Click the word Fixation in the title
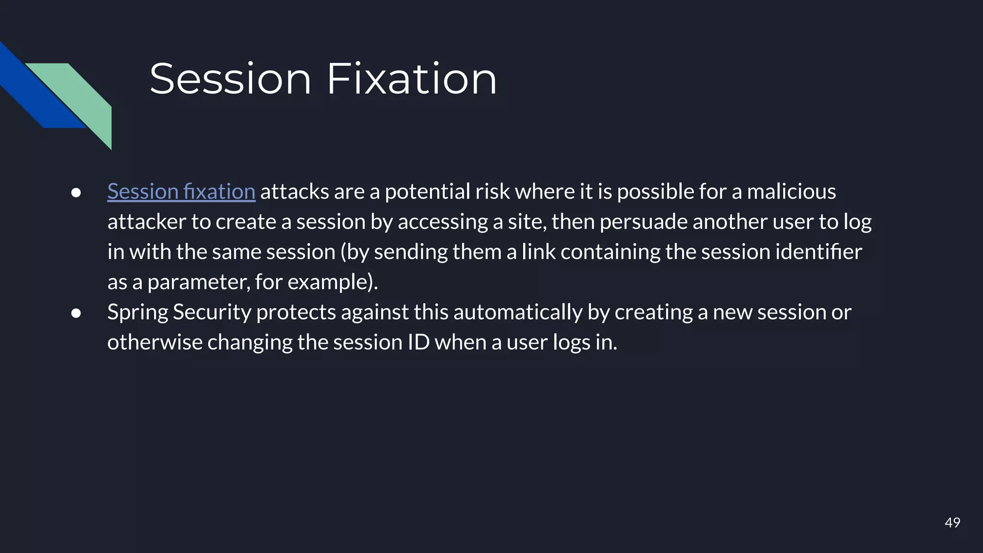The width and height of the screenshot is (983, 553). point(411,79)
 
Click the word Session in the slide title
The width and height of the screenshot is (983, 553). point(230,79)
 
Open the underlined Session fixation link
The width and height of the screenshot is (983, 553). point(181,192)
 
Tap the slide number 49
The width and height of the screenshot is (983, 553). point(952,522)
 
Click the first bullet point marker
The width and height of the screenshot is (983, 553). point(76,192)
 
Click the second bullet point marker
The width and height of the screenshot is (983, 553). point(76,313)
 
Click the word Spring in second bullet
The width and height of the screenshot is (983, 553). point(137,313)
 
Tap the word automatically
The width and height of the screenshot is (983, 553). point(517,313)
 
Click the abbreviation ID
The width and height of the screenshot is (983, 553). point(419,342)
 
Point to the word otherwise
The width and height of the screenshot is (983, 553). point(155,342)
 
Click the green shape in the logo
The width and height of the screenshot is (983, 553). point(86,96)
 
